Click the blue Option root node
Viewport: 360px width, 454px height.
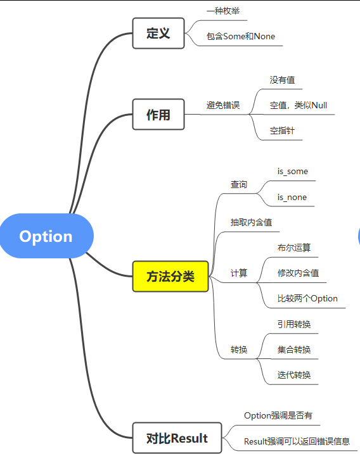[x=47, y=236]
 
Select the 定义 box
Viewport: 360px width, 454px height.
[x=158, y=34]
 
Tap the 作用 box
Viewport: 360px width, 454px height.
[x=158, y=115]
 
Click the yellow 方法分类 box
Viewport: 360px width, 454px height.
[x=170, y=276]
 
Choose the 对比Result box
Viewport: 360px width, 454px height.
[x=177, y=438]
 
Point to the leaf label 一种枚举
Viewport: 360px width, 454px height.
[x=223, y=11]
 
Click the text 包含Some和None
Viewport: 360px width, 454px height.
[x=241, y=37]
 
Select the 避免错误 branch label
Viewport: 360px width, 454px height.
[x=223, y=105]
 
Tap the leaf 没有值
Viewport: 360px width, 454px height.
[x=282, y=80]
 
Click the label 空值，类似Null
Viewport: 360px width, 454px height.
[x=299, y=105]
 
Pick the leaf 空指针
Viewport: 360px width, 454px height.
[x=282, y=130]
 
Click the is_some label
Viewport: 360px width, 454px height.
[x=292, y=172]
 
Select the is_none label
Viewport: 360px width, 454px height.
[x=292, y=197]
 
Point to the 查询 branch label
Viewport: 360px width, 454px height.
[x=239, y=184]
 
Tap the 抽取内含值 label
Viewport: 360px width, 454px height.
[x=252, y=222]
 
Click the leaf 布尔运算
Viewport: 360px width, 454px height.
[x=294, y=248]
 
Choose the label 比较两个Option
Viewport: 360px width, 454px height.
[x=307, y=298]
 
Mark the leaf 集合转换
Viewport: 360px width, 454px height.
[x=294, y=350]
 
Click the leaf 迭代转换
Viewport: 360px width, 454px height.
[x=294, y=375]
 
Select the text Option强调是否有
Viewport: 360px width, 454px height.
[x=278, y=416]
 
